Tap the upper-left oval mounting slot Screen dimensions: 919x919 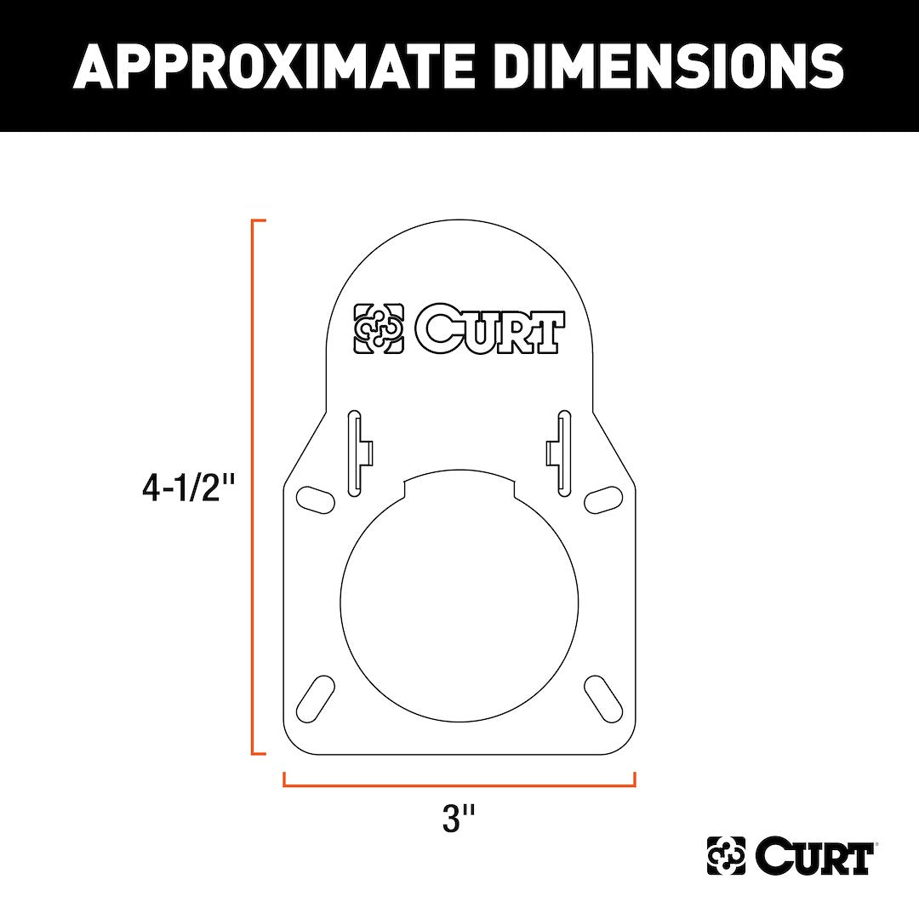pos(314,499)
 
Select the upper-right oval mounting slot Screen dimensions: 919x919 pos(603,499)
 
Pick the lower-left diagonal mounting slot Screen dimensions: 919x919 pos(314,699)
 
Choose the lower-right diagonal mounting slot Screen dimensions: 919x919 pos(603,699)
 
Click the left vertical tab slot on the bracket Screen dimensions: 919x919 pos(357,453)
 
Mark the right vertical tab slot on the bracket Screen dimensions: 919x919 pos(562,453)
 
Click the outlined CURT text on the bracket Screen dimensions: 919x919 pos(489,329)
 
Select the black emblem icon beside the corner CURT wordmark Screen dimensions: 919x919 pos(726,856)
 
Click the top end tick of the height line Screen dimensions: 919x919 pos(260,220)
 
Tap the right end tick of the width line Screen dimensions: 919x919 pos(635,779)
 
